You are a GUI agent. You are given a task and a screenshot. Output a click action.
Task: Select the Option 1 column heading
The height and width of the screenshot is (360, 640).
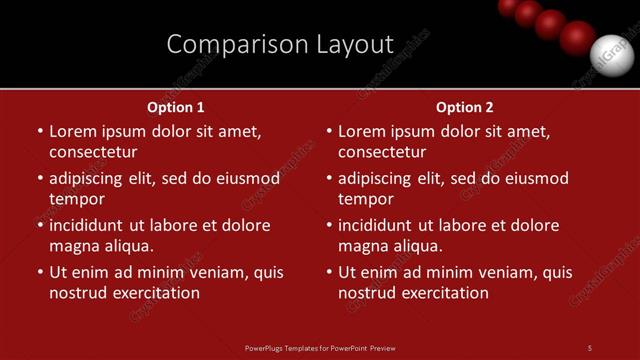[176, 107]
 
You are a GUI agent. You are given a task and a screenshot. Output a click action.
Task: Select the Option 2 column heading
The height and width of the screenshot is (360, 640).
[465, 107]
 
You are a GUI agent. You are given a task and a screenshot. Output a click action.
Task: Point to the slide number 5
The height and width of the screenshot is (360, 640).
[590, 348]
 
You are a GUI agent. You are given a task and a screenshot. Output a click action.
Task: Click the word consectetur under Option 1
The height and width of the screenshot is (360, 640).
[93, 152]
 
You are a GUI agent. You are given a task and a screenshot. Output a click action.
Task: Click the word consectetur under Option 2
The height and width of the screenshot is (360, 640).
[382, 152]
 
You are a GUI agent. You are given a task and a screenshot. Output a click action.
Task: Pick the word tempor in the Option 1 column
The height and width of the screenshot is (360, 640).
[76, 199]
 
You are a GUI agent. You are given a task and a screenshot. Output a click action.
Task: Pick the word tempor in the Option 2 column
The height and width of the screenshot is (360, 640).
[365, 199]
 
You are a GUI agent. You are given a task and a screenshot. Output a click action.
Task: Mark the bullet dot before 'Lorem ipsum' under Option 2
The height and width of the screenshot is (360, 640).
[329, 131]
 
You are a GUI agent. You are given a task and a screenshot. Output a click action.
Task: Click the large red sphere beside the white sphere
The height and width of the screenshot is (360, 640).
[576, 37]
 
